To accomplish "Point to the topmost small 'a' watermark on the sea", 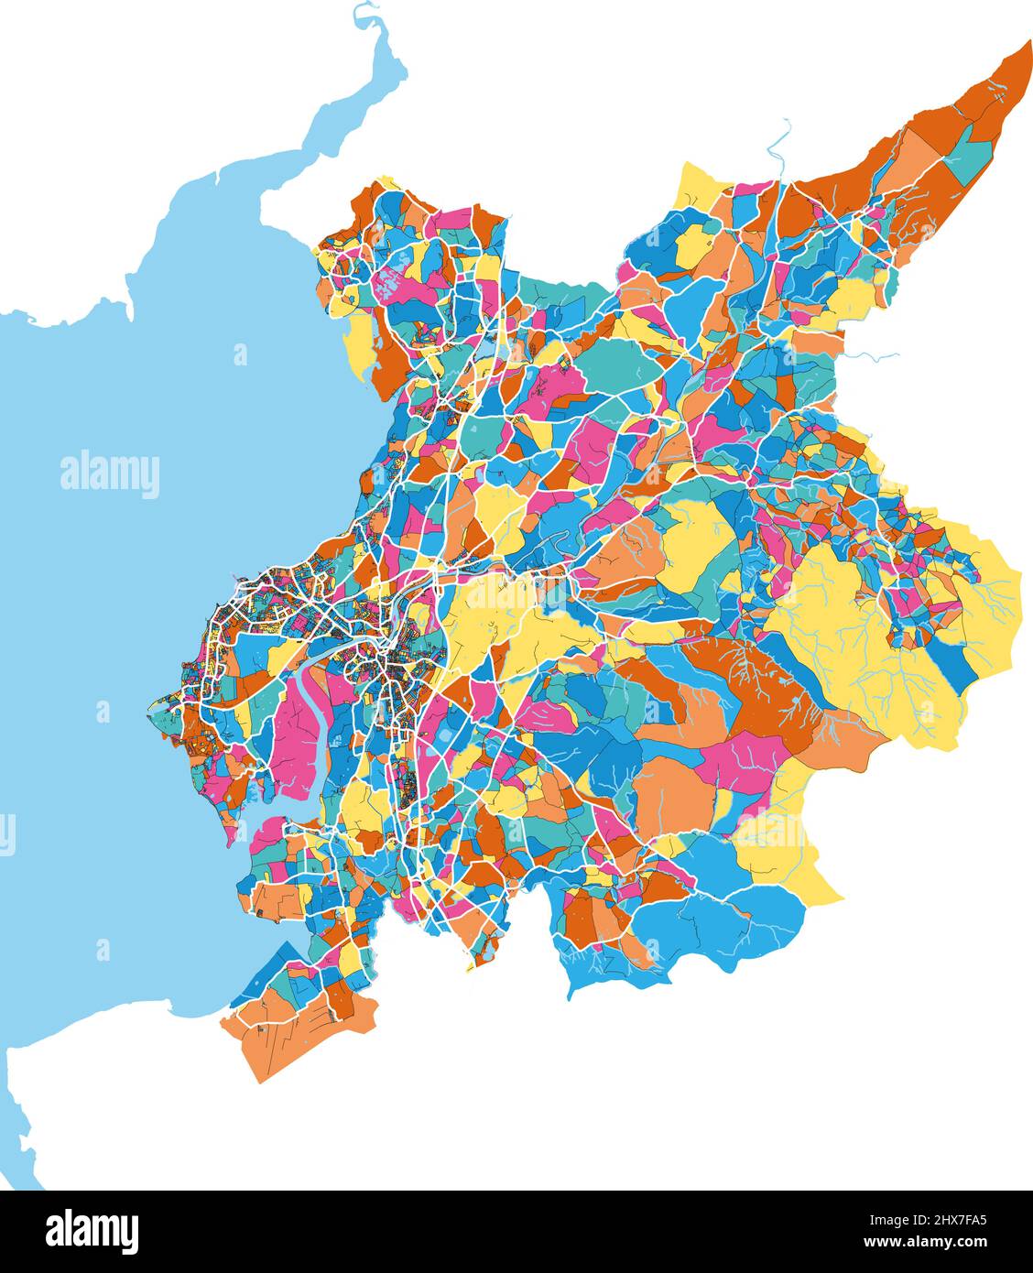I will point(240,354).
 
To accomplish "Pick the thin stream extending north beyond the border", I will point(778,147).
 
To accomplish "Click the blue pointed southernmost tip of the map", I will point(571,994).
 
